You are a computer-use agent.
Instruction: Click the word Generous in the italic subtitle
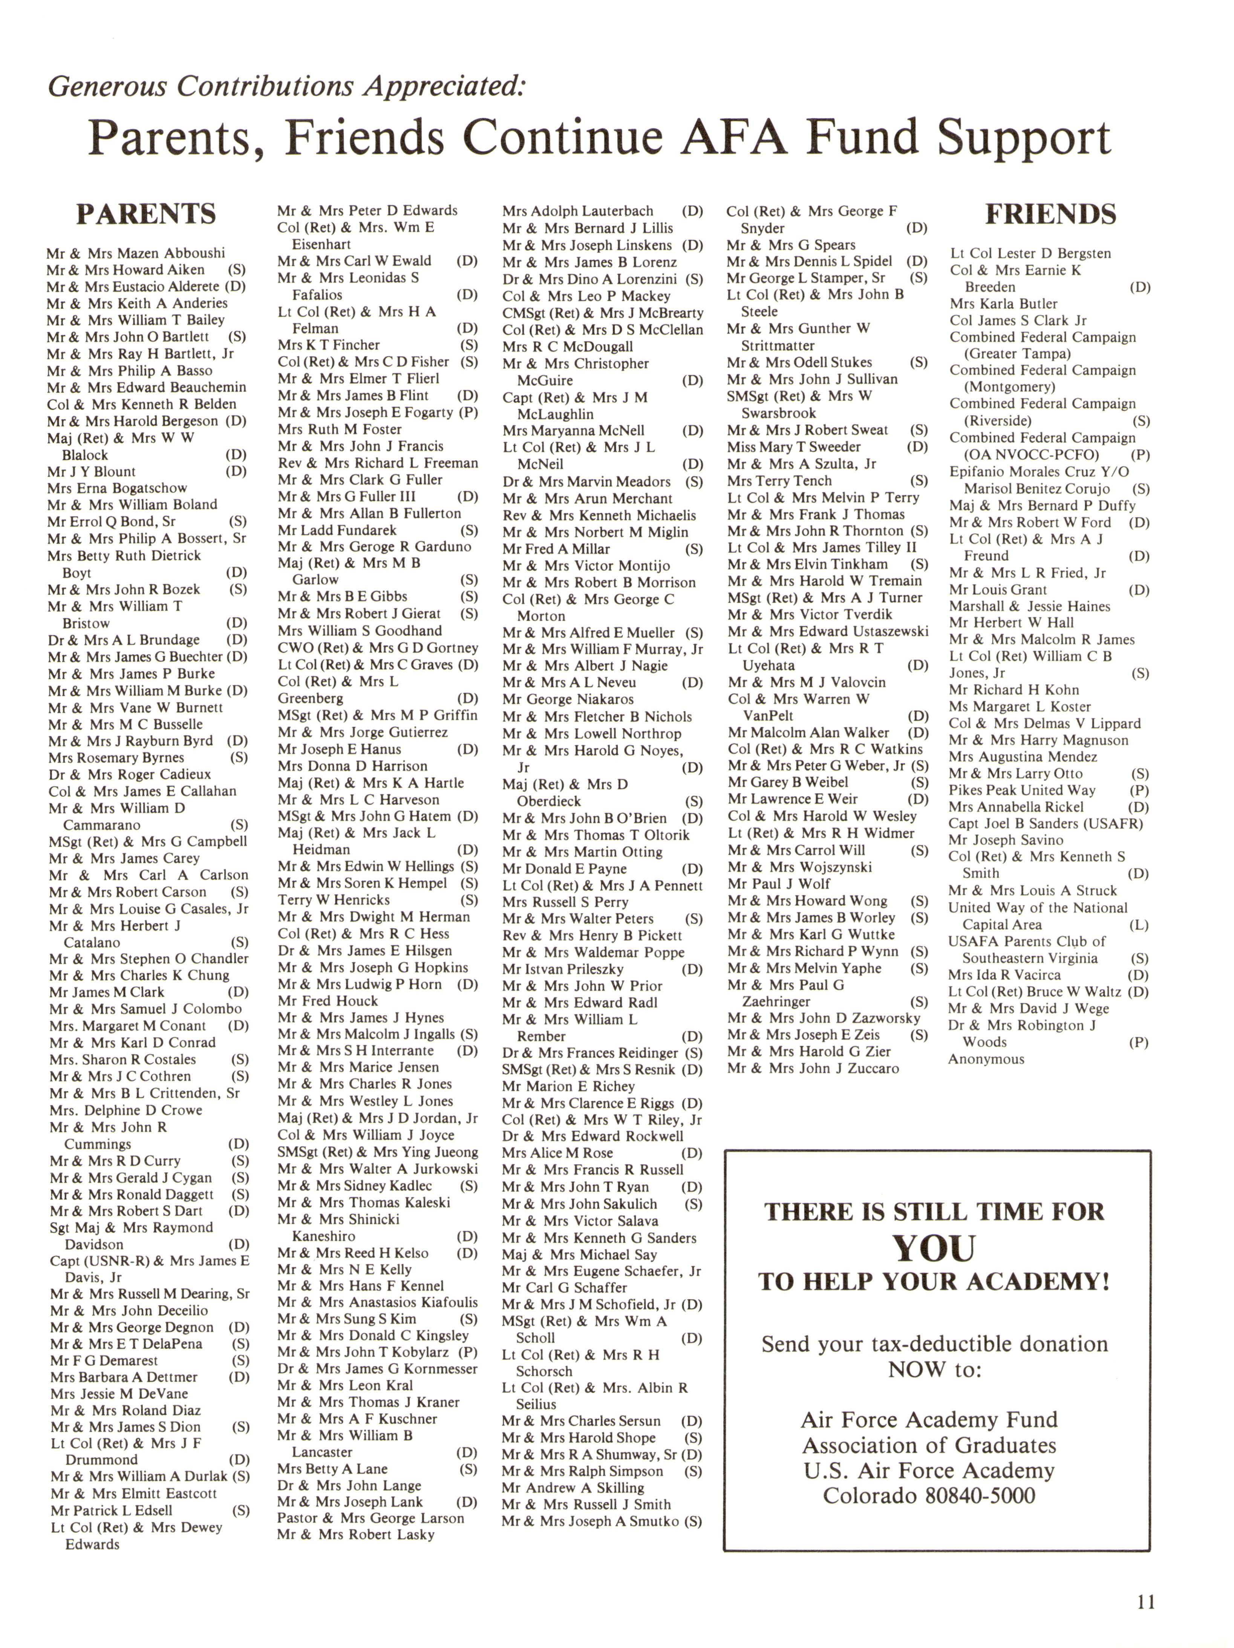pos(107,86)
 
